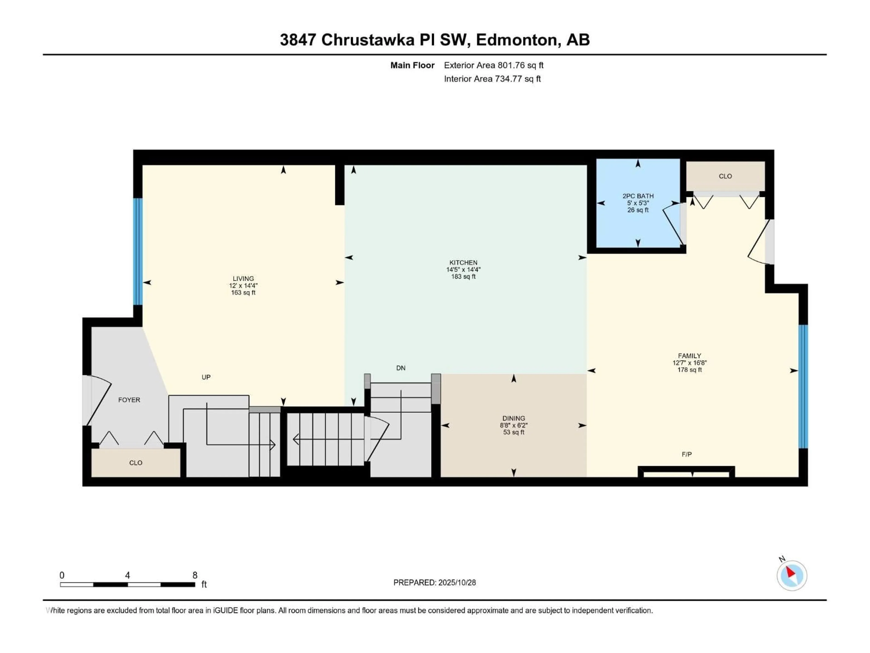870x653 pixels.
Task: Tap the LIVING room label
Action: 243,278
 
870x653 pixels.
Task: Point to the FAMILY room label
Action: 689,356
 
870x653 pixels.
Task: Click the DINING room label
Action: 513,418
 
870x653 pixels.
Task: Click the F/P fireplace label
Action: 686,454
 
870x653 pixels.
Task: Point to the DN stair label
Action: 400,368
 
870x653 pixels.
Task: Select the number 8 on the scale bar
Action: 195,575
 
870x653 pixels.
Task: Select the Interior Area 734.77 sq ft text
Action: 492,79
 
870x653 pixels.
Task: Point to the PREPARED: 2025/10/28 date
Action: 434,582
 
